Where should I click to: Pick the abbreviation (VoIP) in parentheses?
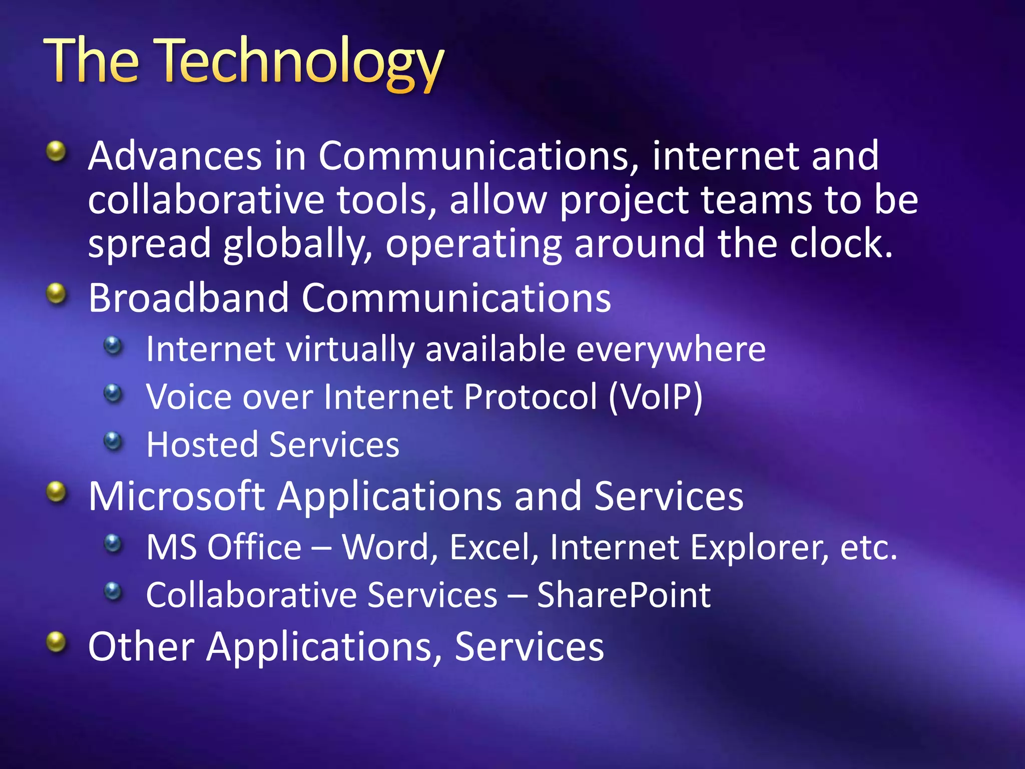click(x=656, y=397)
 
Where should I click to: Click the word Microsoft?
click(x=176, y=496)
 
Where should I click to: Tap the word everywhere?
click(x=671, y=349)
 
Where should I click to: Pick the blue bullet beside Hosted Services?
click(x=113, y=441)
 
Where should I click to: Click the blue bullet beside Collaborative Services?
click(x=113, y=591)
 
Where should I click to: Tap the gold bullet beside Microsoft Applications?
click(x=56, y=492)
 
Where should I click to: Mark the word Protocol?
click(x=531, y=397)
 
